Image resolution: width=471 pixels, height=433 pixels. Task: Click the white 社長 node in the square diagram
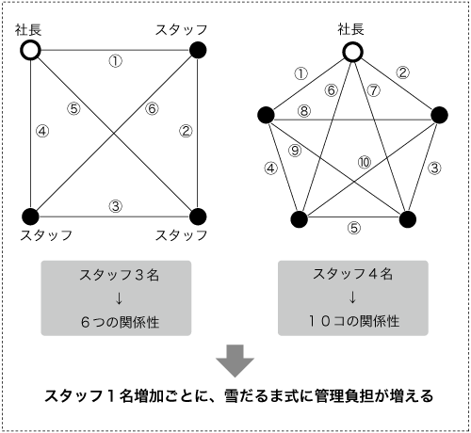tap(30, 51)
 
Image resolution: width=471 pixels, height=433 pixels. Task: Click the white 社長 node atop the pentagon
tap(352, 52)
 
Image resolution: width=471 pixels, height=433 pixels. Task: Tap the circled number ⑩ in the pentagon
tap(365, 162)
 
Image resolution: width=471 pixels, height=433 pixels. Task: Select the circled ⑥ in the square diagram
tap(152, 108)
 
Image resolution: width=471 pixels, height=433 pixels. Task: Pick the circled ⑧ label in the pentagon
tap(304, 111)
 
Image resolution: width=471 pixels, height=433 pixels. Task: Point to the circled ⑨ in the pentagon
tap(295, 151)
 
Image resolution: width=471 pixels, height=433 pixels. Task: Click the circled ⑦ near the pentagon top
tap(374, 90)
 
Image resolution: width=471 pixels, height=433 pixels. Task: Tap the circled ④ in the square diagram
tap(42, 131)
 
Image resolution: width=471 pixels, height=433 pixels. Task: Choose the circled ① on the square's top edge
tap(116, 61)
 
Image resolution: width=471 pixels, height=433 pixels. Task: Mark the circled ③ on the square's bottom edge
tap(116, 206)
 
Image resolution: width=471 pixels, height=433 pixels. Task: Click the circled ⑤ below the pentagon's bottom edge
tap(354, 228)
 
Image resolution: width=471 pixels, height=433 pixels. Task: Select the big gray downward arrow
tap(235, 361)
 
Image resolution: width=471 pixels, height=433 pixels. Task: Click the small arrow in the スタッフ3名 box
tap(119, 298)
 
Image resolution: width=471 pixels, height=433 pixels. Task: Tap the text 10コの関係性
tap(353, 321)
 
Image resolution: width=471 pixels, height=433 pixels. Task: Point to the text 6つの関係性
tap(120, 322)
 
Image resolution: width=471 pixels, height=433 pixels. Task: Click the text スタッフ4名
tap(352, 274)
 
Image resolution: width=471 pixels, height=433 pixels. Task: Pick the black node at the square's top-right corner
tap(198, 50)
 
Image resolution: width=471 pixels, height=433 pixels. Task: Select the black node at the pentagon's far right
tap(439, 115)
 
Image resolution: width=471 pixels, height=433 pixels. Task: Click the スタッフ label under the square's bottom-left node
tap(46, 235)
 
